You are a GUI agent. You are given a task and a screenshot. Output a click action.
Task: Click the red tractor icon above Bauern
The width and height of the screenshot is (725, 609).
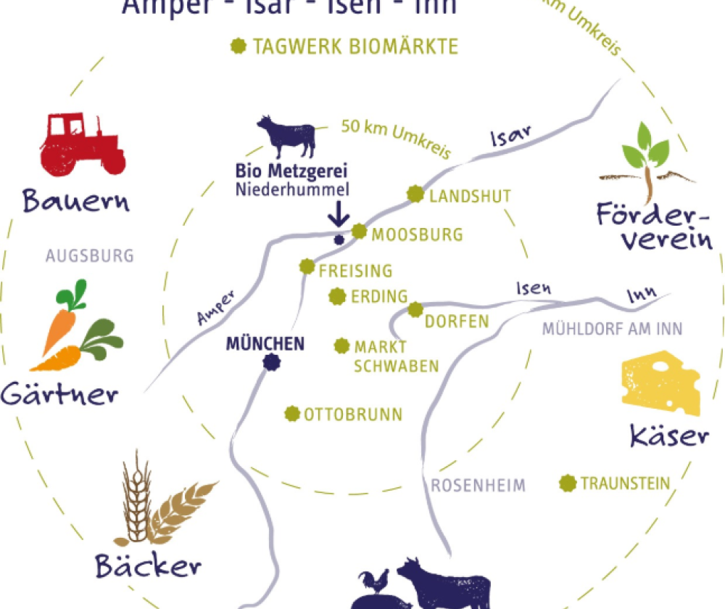(x=81, y=144)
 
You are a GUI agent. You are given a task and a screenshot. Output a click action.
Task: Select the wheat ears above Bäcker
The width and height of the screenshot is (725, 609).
(x=156, y=504)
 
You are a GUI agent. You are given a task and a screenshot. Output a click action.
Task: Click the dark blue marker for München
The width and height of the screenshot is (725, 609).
(x=271, y=362)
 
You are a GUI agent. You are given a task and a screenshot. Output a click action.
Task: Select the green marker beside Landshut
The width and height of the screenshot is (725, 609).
(x=415, y=195)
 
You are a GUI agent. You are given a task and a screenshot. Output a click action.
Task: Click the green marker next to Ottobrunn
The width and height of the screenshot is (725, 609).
(x=292, y=414)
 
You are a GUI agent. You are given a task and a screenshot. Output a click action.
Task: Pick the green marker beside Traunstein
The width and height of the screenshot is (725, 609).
(x=568, y=483)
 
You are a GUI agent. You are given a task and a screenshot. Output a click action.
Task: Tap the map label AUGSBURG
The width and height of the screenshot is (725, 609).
(x=90, y=256)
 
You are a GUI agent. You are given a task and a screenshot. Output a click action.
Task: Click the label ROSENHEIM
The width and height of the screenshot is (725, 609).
(x=478, y=486)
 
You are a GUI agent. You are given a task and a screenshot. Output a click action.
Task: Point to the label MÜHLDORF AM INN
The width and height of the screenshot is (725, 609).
(x=613, y=329)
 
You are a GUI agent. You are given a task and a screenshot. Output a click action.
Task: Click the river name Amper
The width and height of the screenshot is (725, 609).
(x=216, y=308)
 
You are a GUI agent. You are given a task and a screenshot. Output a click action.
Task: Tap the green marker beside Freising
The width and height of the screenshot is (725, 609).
(x=307, y=266)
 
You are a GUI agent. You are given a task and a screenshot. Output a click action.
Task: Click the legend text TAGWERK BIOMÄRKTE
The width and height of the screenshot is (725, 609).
(x=355, y=47)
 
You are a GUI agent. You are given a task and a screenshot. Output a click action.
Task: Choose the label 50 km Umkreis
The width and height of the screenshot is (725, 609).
(x=396, y=139)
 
